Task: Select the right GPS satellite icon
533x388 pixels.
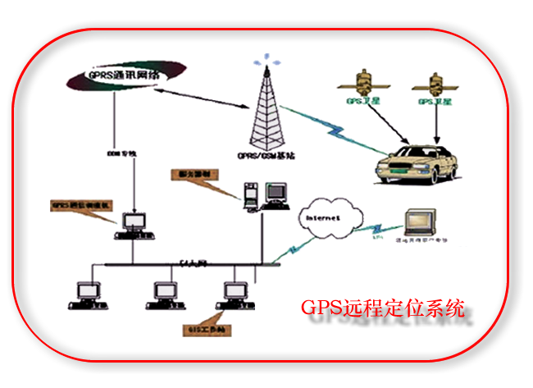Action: pos(435,83)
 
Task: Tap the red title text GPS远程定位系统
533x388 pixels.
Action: pos(384,310)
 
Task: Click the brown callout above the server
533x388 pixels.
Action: pos(195,175)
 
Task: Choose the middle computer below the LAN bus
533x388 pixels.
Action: pos(164,294)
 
